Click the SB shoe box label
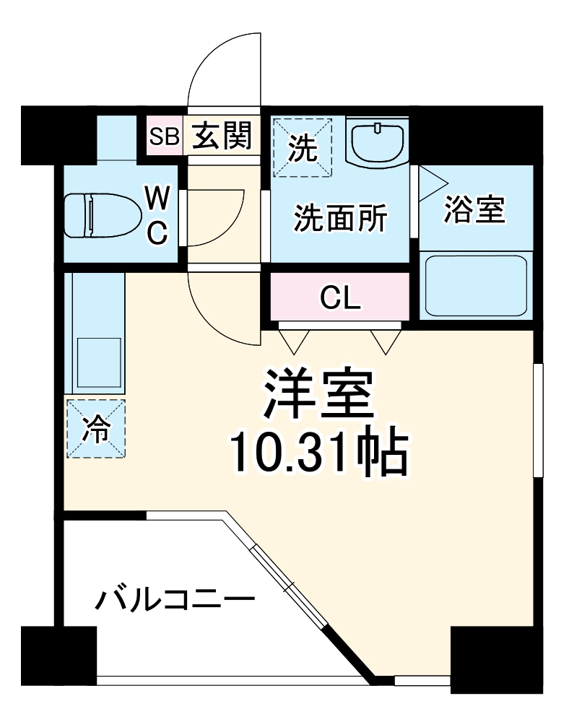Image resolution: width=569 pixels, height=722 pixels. coord(164,136)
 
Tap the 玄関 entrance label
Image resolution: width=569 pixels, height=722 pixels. coord(222,135)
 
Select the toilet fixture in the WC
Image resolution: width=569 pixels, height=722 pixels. coord(101,214)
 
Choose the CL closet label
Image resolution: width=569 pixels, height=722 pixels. coord(340,297)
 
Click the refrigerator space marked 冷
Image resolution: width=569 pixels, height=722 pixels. coord(96,429)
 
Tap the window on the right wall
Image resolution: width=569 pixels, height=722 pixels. coord(537,419)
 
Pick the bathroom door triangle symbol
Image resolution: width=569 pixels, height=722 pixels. coord(432,180)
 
